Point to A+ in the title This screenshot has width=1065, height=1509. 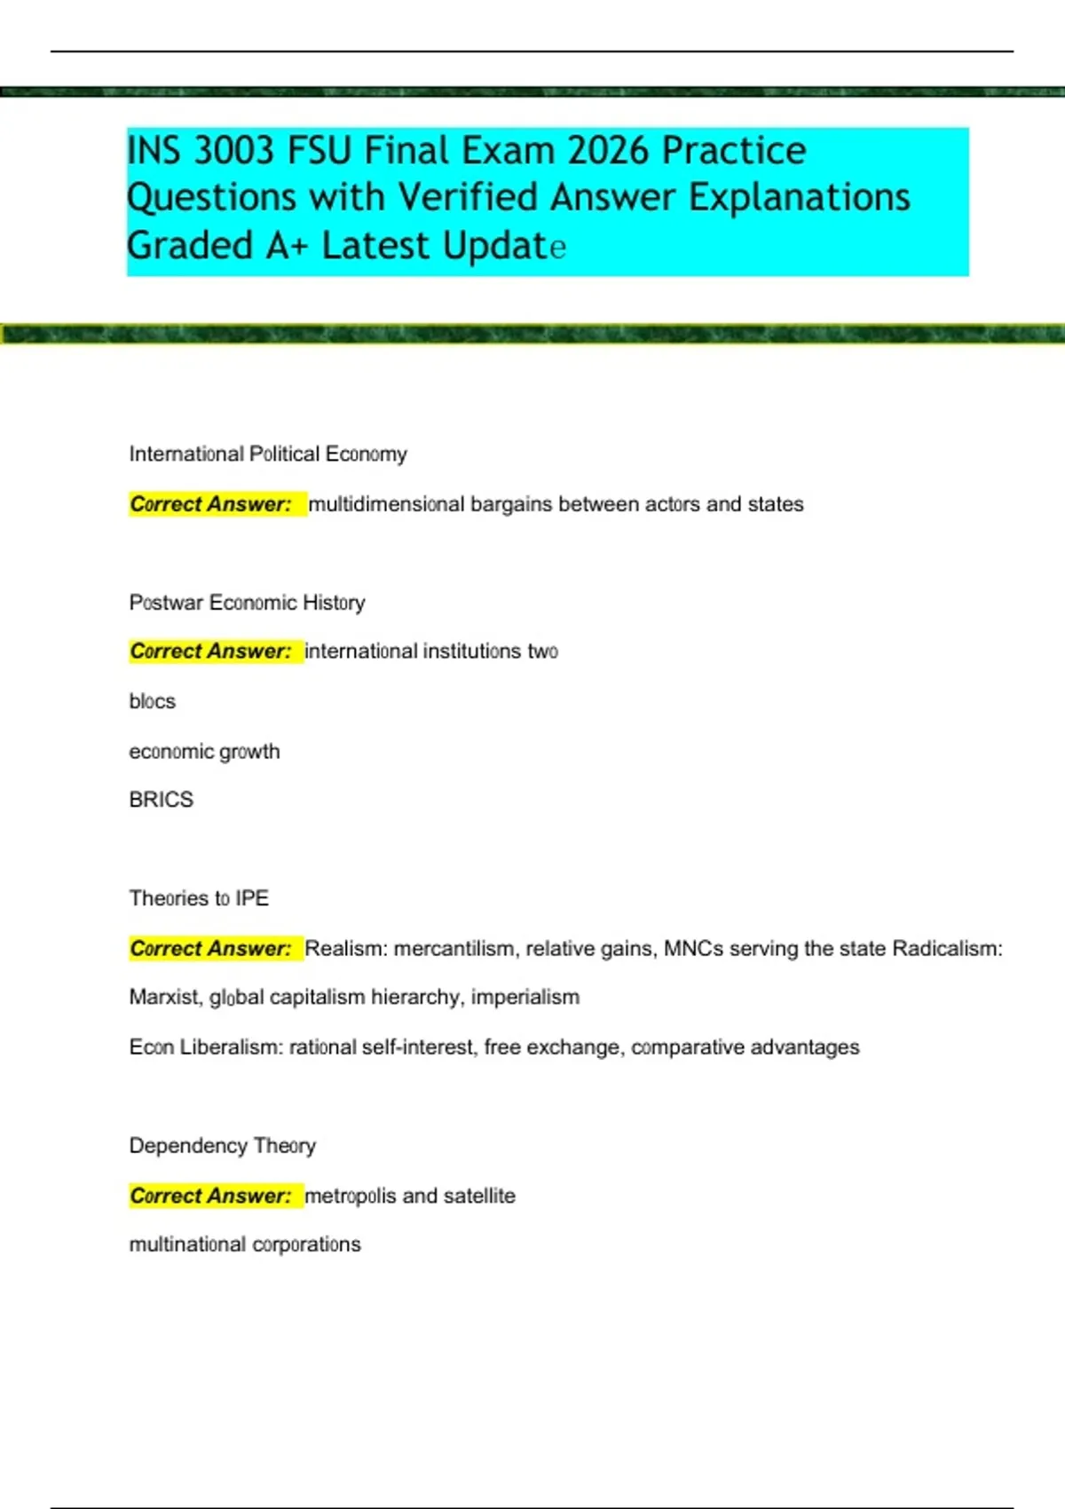[x=286, y=246]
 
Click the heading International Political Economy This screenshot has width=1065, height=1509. [x=267, y=454]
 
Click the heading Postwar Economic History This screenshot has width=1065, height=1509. [x=247, y=603]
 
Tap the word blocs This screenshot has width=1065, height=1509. [x=152, y=701]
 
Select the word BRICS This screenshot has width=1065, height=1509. [x=161, y=800]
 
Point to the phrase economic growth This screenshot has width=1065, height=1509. [x=204, y=752]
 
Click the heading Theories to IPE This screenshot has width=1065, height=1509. [x=198, y=898]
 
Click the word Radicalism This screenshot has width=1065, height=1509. [x=946, y=949]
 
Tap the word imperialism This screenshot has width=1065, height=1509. [x=525, y=998]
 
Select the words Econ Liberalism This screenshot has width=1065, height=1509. [x=205, y=1047]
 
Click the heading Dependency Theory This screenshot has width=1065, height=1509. [x=222, y=1146]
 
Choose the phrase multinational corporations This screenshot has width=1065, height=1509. [x=245, y=1244]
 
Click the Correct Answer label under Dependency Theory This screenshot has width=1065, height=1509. [x=210, y=1197]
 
